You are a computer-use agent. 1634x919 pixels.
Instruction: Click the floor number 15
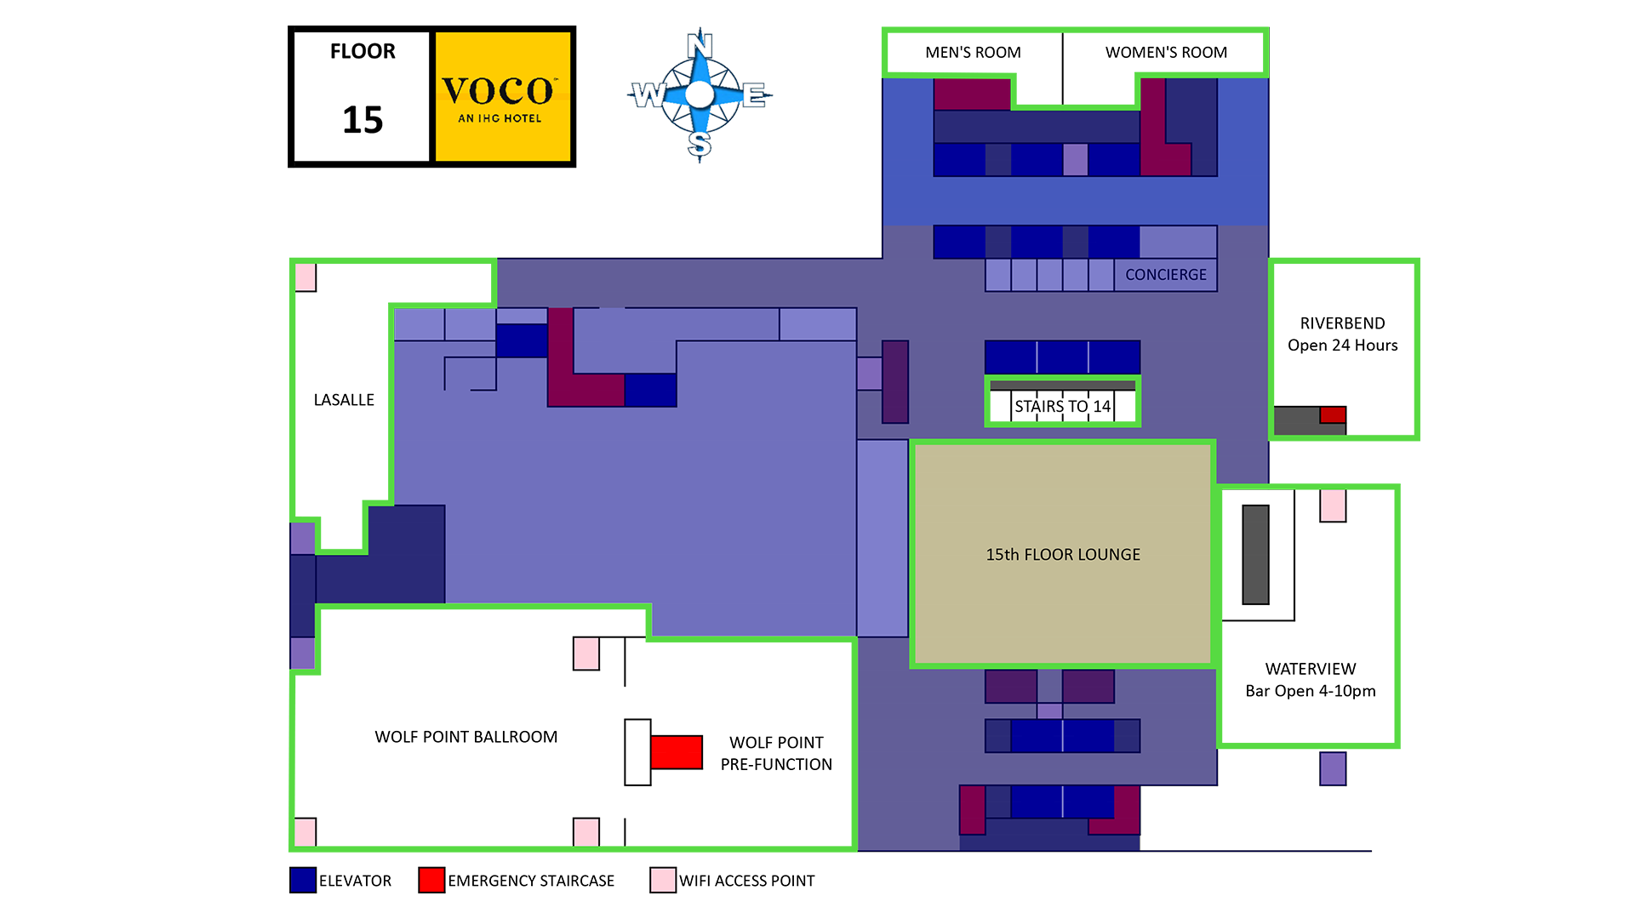pyautogui.click(x=363, y=119)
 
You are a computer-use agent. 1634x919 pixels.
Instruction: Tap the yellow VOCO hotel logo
pyautogui.click(x=502, y=96)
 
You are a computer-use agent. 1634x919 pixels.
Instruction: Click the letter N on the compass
pyautogui.click(x=700, y=43)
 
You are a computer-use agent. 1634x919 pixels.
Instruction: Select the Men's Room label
pyautogui.click(x=973, y=53)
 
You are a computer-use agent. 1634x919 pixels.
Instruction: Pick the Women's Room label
pyautogui.click(x=1166, y=53)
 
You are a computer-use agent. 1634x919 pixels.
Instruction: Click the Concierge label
pyautogui.click(x=1165, y=275)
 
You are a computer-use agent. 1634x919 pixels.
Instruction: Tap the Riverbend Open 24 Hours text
pyautogui.click(x=1342, y=334)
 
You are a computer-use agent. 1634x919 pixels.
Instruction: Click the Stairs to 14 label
pyautogui.click(x=1062, y=407)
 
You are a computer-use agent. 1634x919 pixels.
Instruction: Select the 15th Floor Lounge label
pyautogui.click(x=1062, y=555)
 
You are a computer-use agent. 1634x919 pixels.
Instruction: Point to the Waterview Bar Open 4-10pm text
pyautogui.click(x=1310, y=680)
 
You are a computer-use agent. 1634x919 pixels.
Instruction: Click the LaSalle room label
pyautogui.click(x=344, y=400)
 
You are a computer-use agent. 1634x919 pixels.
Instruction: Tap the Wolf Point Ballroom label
pyautogui.click(x=466, y=737)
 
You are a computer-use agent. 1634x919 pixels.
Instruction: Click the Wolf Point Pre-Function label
pyautogui.click(x=776, y=754)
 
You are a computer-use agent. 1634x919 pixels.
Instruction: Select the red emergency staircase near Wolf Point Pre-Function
pyautogui.click(x=677, y=752)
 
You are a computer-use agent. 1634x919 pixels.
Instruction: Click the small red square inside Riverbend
pyautogui.click(x=1333, y=415)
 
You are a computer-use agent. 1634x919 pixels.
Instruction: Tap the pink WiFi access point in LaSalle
pyautogui.click(x=306, y=277)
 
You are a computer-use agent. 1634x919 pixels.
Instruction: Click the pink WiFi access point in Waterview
pyautogui.click(x=1333, y=505)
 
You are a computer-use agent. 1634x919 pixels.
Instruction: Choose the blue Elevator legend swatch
pyautogui.click(x=303, y=880)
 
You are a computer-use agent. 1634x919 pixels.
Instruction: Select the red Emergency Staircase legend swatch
pyautogui.click(x=431, y=880)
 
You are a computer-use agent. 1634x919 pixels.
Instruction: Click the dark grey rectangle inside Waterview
pyautogui.click(x=1255, y=555)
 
